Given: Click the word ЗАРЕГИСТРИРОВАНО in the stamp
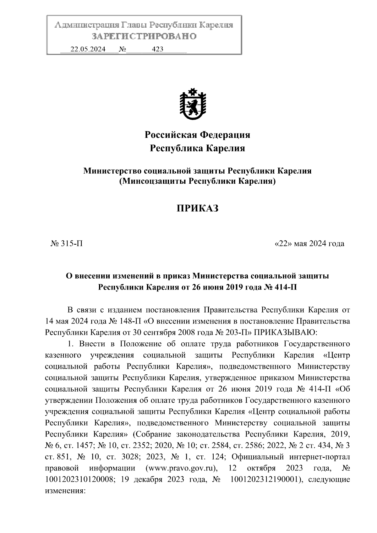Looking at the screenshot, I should [144, 36].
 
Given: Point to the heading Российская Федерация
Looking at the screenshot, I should [197, 135].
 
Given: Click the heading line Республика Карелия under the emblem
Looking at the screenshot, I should [197, 148].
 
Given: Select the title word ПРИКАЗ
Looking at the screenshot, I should [197, 209].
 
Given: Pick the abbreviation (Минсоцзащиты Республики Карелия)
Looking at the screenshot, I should [197, 181].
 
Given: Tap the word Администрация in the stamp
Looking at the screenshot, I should [85, 25].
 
